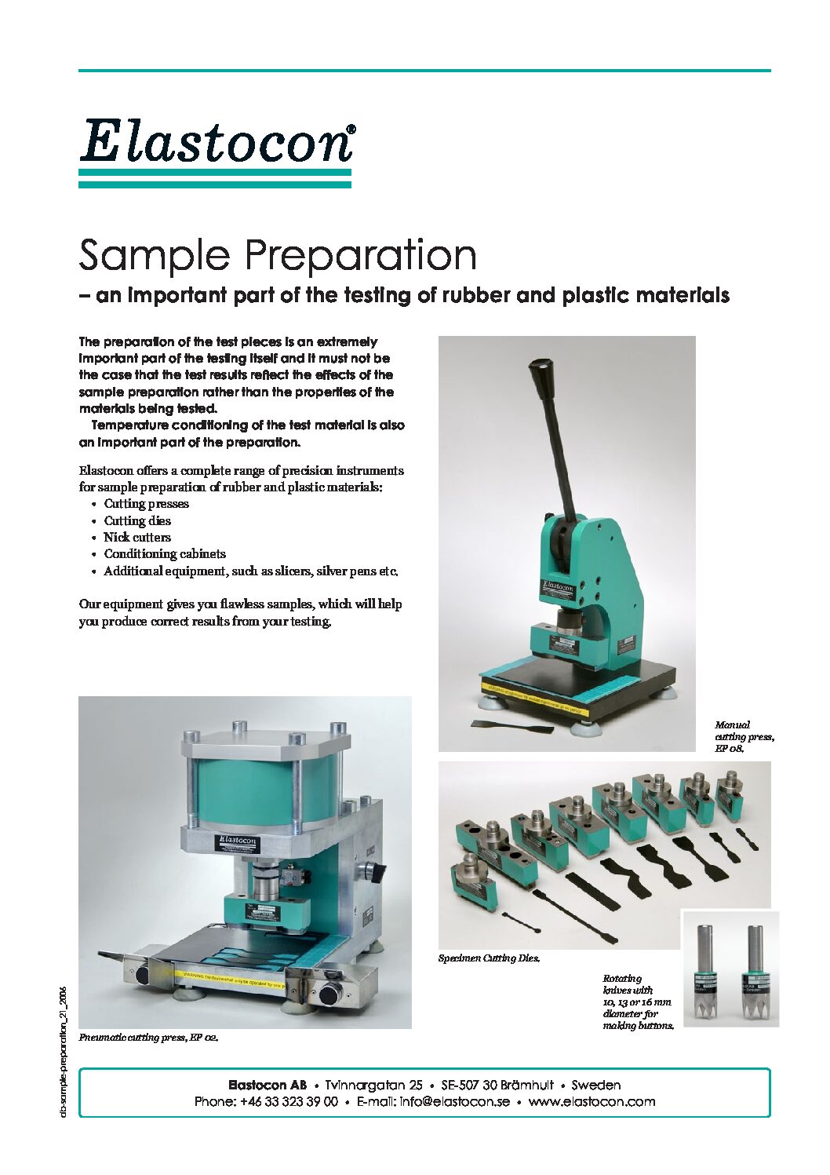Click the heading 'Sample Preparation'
click(278, 256)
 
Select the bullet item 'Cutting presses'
click(146, 504)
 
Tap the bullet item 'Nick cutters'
click(137, 538)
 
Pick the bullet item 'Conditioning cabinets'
click(165, 554)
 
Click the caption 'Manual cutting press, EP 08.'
click(744, 736)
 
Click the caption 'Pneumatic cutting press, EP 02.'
click(148, 1038)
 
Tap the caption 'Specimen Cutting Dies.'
click(489, 958)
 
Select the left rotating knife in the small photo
click(705, 973)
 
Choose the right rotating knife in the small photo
click(755, 973)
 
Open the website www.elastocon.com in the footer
click(592, 1102)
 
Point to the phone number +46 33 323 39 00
click(289, 1102)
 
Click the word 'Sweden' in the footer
click(595, 1086)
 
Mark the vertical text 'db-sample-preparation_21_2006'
click(64, 1052)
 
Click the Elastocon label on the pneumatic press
click(238, 842)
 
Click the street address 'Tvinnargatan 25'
click(373, 1086)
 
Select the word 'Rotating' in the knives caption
click(622, 979)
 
